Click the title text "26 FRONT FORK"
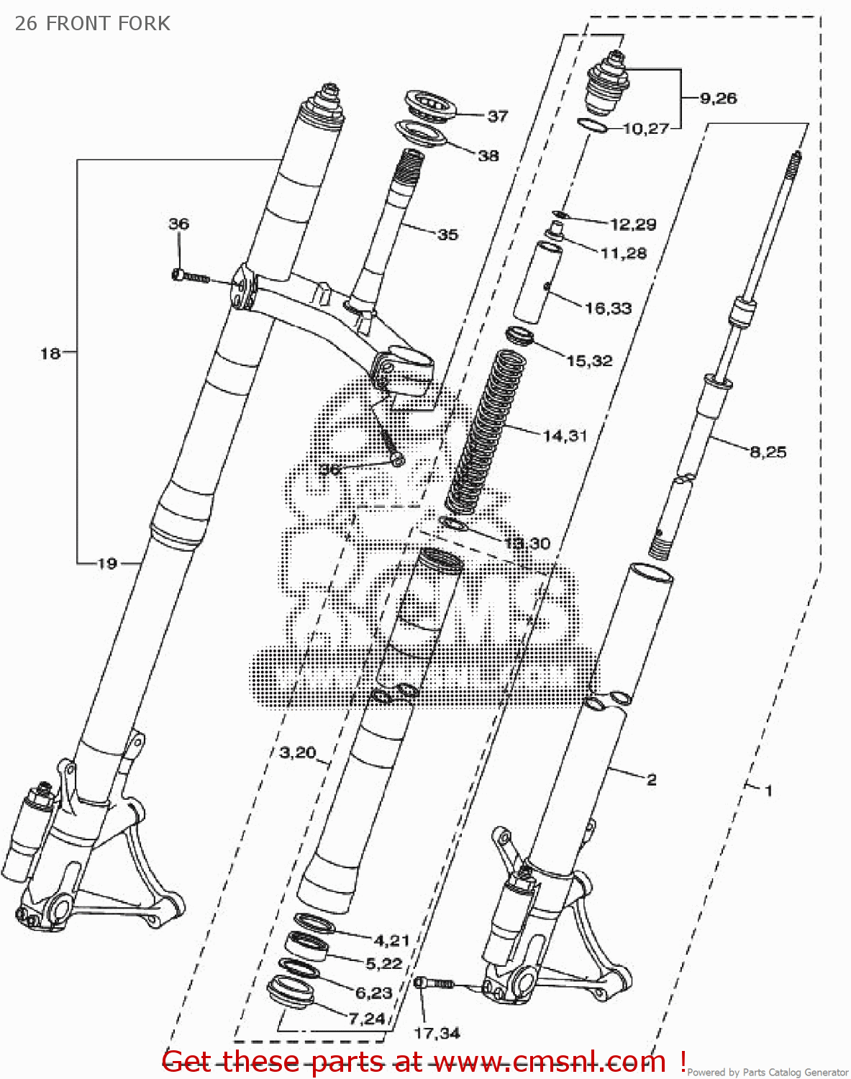click(92, 24)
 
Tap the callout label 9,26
click(718, 99)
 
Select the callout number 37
click(498, 116)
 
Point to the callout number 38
click(488, 155)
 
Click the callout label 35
click(447, 235)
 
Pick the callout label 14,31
click(565, 436)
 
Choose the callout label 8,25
click(768, 452)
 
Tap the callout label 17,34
click(437, 1034)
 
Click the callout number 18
click(50, 353)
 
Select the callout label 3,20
click(298, 752)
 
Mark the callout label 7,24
click(368, 1019)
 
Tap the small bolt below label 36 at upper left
click(190, 276)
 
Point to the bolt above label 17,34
click(434, 983)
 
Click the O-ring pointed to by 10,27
click(591, 126)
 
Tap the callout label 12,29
click(633, 224)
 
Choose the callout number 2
click(651, 780)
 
